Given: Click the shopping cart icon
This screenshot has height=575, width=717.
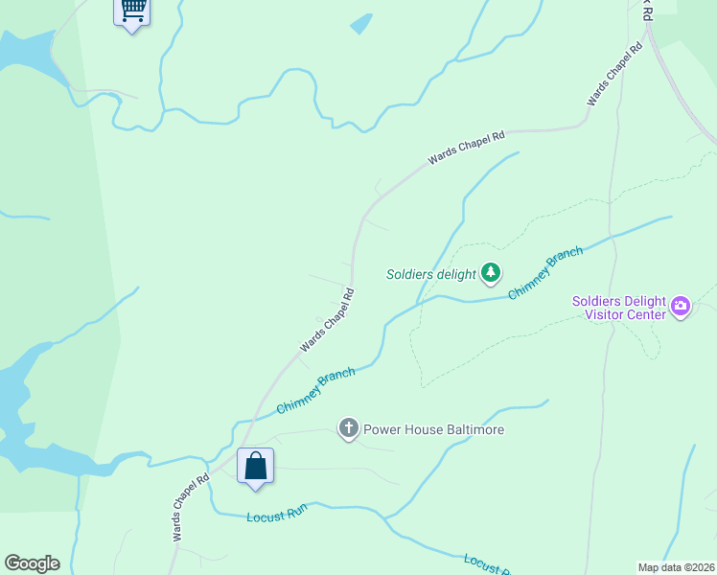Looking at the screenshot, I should click(x=132, y=11).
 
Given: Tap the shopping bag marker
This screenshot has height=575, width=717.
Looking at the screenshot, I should click(x=256, y=467).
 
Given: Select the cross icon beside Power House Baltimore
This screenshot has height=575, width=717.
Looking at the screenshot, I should click(x=349, y=428).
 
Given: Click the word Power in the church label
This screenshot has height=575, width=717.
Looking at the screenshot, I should click(x=381, y=429).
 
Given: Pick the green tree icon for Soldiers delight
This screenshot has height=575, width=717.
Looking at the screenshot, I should click(x=491, y=273).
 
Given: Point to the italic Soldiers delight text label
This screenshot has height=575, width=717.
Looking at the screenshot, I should click(x=430, y=274).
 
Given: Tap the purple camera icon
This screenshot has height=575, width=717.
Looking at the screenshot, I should click(x=681, y=307).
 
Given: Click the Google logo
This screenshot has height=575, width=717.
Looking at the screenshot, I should click(x=32, y=563).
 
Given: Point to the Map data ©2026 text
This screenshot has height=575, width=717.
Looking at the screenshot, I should click(x=676, y=567).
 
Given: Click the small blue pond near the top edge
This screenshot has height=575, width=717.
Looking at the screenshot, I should click(x=360, y=24).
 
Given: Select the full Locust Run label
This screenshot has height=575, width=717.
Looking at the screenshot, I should click(x=275, y=516).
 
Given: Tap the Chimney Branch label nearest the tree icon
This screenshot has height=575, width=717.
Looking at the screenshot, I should click(x=544, y=273).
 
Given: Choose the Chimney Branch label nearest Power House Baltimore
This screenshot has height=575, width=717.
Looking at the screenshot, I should click(x=315, y=392).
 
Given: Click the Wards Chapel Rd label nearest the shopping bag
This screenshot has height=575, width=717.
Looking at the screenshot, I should click(x=190, y=508).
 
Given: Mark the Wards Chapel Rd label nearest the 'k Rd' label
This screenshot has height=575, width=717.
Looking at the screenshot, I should click(x=614, y=75).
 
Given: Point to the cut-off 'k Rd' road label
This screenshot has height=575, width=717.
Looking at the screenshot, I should click(x=647, y=11).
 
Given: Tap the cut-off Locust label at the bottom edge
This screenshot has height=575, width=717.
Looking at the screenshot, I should click(x=485, y=564).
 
